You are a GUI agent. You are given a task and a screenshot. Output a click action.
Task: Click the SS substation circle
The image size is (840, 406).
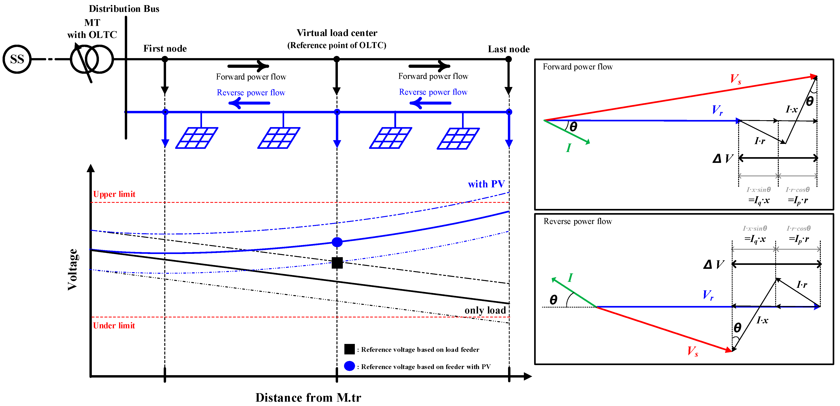coord(17,59)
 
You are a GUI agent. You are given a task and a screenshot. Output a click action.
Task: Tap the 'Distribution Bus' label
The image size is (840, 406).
coord(124,9)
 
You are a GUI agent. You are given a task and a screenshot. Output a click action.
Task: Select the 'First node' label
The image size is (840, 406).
coord(165,49)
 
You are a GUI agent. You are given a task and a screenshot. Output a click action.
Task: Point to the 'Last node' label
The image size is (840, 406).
coord(508,49)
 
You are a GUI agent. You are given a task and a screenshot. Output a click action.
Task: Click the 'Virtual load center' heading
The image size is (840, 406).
coord(337,33)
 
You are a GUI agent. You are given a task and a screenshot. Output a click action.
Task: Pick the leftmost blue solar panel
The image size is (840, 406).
coord(197,138)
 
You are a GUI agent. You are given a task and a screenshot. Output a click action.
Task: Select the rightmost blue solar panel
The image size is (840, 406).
coord(458,138)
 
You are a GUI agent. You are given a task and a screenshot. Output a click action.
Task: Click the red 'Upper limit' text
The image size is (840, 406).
coord(114,194)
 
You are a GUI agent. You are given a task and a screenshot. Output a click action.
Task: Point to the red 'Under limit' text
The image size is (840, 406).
coord(114,325)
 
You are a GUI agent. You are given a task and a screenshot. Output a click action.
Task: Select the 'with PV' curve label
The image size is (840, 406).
coord(486,184)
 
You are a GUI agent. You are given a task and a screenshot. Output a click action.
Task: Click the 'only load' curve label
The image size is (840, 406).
coord(485,310)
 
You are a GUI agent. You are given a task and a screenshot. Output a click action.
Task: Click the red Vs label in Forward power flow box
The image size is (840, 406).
coord(735,79)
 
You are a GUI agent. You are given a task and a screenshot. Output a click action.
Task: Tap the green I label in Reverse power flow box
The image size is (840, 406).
coord(570,278)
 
